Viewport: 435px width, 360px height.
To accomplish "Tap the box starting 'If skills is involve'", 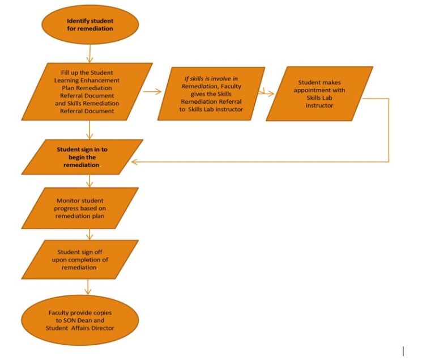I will [211, 93].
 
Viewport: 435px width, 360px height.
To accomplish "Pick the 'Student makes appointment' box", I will [319, 94].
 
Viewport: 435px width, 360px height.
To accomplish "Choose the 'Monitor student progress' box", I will [79, 208].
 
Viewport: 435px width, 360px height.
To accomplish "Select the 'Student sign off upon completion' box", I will [79, 260].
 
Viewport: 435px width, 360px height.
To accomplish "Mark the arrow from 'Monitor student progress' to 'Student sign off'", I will [89, 234].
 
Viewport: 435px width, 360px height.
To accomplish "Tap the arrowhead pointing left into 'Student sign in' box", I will [135, 162].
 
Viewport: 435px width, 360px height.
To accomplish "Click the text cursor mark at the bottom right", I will [403, 351].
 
